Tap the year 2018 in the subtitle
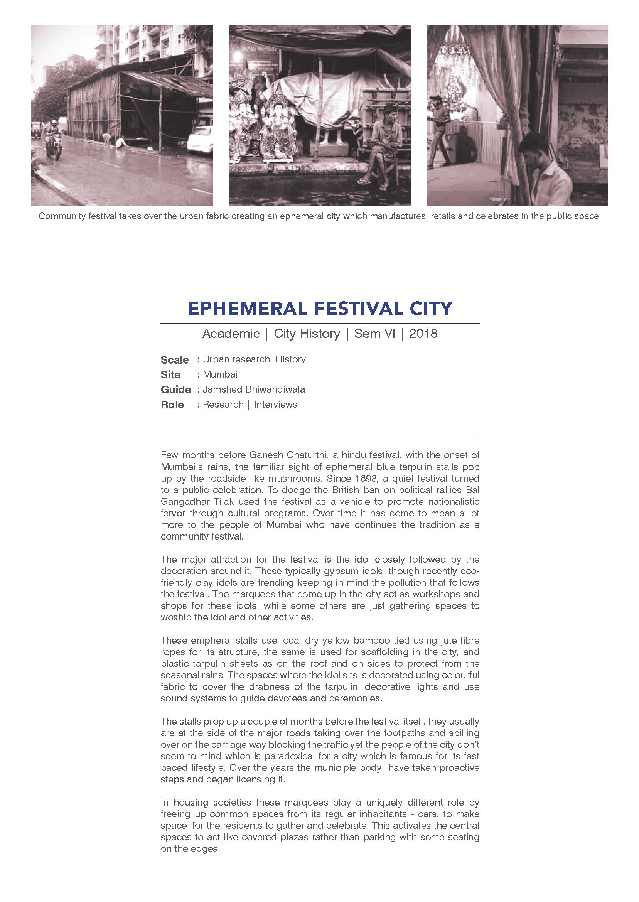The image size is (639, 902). (x=423, y=334)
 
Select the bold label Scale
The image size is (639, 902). (x=175, y=360)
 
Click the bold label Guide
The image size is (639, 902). (x=176, y=390)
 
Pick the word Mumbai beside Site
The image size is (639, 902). (x=220, y=374)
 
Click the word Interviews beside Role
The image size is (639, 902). (x=275, y=405)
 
